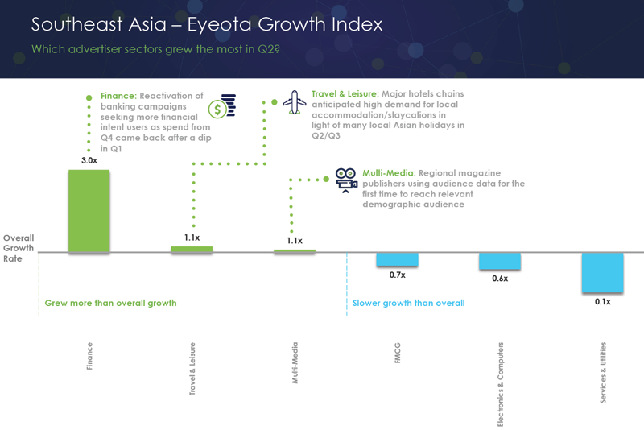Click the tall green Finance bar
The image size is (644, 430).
(89, 211)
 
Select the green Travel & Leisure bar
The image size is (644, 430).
(192, 250)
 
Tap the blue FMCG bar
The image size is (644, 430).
(397, 259)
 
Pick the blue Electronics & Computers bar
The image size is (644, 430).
(500, 261)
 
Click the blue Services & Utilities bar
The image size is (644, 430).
(603, 273)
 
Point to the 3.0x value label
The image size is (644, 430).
(89, 161)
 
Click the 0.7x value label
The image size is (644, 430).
(397, 275)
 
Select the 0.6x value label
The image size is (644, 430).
(500, 279)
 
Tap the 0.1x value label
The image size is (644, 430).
(603, 302)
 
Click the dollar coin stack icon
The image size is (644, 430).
(221, 107)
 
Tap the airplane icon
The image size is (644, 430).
(295, 102)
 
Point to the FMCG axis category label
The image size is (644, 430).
(398, 356)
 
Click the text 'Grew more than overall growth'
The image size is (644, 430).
(110, 304)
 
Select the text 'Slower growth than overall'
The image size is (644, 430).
(408, 304)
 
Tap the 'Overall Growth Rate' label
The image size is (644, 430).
(19, 248)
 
